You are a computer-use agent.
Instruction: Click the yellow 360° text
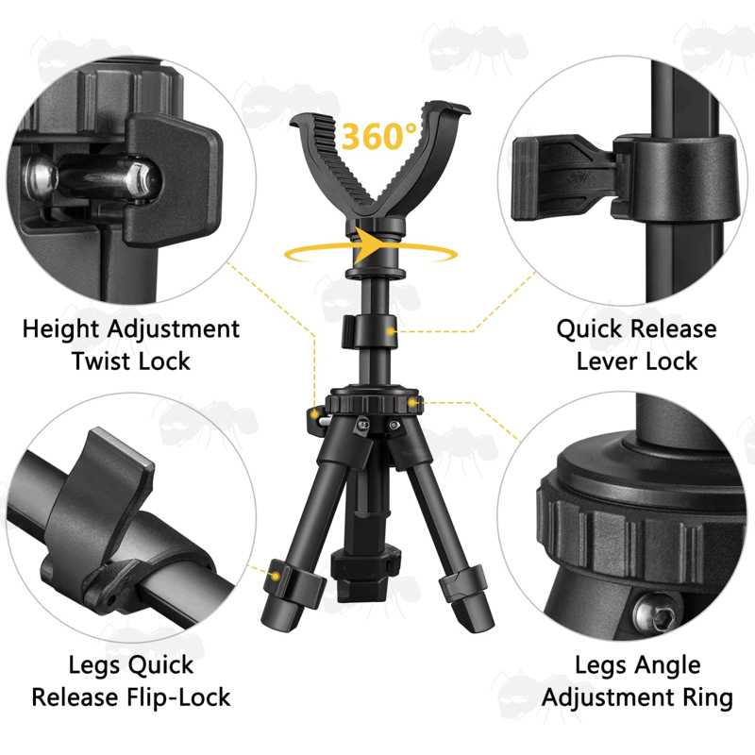click(x=378, y=136)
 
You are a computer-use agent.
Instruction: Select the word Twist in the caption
click(x=100, y=361)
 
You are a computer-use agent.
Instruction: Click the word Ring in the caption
click(x=710, y=698)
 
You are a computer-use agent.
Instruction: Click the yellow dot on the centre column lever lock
click(x=391, y=332)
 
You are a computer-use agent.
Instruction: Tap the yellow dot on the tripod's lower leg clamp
click(x=276, y=576)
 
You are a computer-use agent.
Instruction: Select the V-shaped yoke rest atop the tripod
click(x=379, y=163)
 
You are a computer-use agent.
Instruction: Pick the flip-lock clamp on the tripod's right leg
click(x=463, y=583)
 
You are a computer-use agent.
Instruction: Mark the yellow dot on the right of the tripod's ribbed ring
click(x=412, y=403)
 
